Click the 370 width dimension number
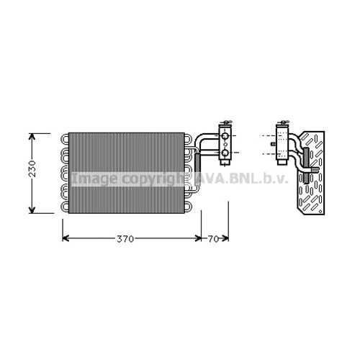125,239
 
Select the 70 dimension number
214,239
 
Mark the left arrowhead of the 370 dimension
66,239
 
